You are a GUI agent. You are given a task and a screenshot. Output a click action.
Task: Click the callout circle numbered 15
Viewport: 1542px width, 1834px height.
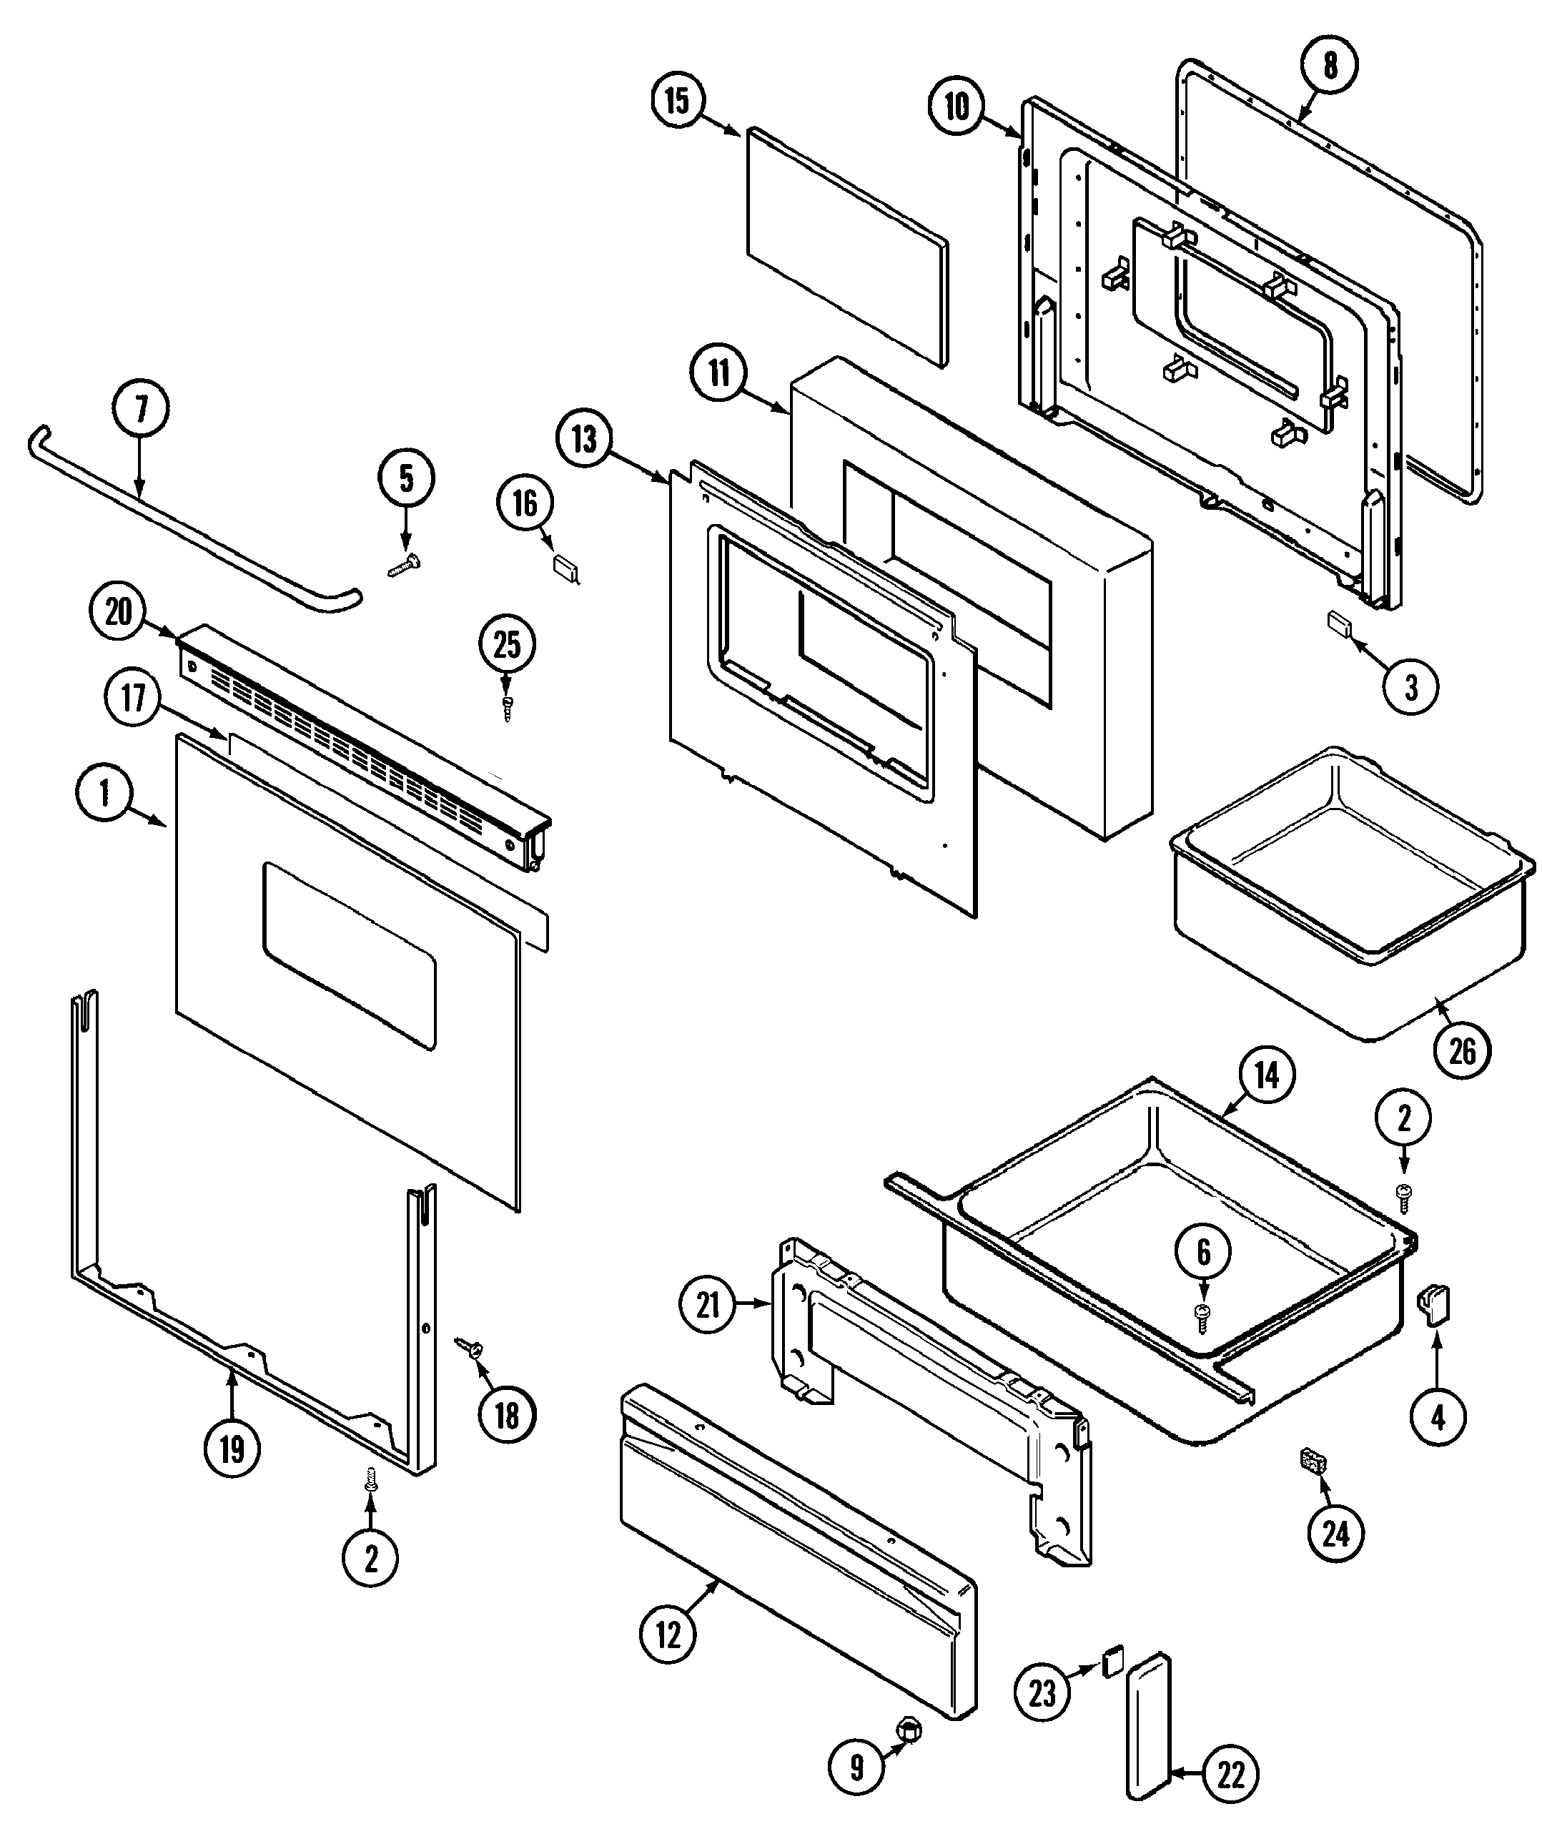pyautogui.click(x=678, y=101)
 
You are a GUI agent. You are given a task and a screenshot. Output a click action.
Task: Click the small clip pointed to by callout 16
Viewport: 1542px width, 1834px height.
pyautogui.click(x=565, y=568)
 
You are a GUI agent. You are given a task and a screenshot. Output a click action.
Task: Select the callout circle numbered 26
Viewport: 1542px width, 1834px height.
pyautogui.click(x=1463, y=1052)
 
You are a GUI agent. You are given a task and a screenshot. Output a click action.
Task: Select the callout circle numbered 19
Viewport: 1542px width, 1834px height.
pyautogui.click(x=232, y=1449)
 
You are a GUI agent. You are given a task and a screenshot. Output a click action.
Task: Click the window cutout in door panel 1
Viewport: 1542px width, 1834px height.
pyautogui.click(x=349, y=957)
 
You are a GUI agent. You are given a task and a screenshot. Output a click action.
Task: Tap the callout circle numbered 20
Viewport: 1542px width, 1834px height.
pyautogui.click(x=118, y=611)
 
